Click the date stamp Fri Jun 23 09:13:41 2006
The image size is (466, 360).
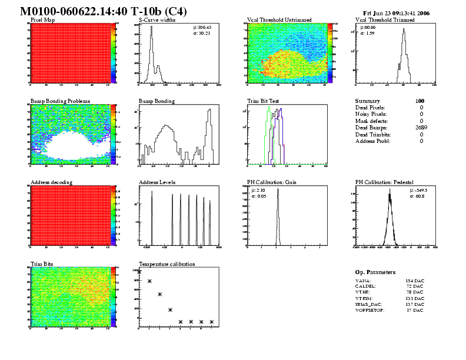point(399,12)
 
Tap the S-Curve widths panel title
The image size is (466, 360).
point(157,19)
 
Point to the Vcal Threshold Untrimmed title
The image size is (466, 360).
point(279,19)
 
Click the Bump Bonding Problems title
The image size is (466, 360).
point(60,101)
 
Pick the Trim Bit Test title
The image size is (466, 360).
point(263,101)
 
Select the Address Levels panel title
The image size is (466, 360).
point(157,182)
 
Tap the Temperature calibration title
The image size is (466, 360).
point(167,264)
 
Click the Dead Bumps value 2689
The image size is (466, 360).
point(417,127)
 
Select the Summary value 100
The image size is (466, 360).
point(420,101)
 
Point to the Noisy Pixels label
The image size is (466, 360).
point(370,114)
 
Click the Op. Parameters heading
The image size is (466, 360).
point(375,272)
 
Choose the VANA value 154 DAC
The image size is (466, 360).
point(415,281)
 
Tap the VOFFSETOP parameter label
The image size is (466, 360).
point(370,310)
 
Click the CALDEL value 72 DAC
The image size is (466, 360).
point(415,287)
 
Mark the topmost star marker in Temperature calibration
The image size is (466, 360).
point(139,272)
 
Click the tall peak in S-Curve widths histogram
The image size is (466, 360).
point(151,36)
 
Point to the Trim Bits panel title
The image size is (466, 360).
point(42,264)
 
